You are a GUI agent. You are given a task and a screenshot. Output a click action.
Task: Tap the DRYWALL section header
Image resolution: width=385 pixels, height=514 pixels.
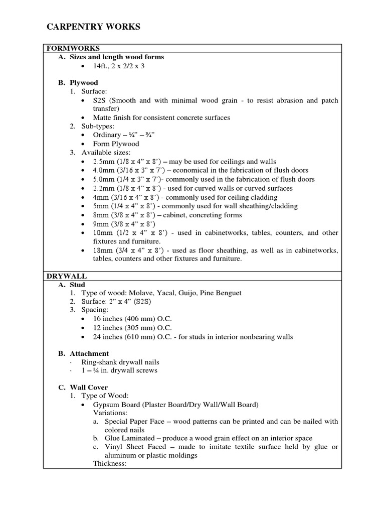click(x=67, y=276)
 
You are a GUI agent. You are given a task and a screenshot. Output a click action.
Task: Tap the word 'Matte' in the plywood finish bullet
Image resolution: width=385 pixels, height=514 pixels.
click(x=102, y=117)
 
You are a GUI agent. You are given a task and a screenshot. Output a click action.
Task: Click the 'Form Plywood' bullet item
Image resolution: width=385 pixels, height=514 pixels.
click(x=116, y=144)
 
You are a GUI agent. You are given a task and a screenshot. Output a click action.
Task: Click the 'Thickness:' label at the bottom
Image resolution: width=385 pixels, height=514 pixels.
click(x=109, y=463)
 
